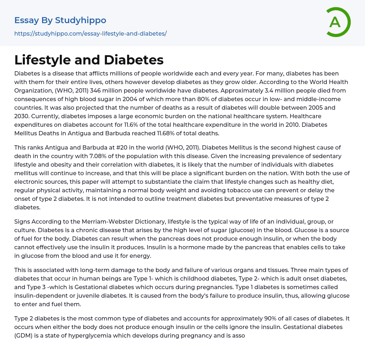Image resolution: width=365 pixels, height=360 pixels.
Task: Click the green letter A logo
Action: point(338,22)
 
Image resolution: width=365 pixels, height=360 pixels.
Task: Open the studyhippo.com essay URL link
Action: point(91,34)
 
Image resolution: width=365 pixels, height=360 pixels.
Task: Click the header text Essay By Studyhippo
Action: point(60,20)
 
